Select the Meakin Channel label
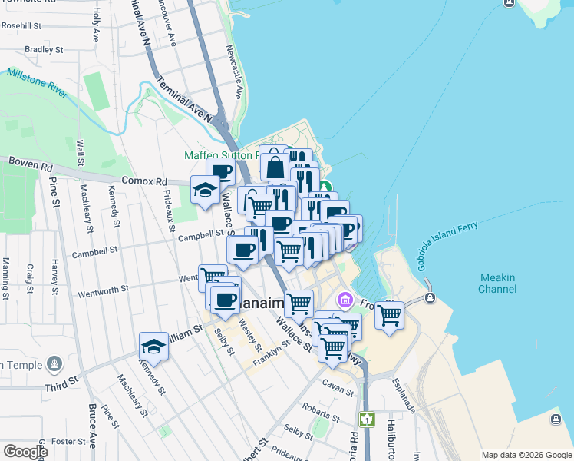[x=497, y=284]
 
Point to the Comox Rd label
[x=144, y=182]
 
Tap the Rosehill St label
[x=21, y=25]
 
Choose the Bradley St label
[x=42, y=50]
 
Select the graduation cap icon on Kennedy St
[x=153, y=347]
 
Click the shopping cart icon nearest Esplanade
[x=390, y=314]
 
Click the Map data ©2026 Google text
[x=526, y=455]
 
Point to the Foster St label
[x=68, y=442]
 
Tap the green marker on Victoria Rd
[x=367, y=420]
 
